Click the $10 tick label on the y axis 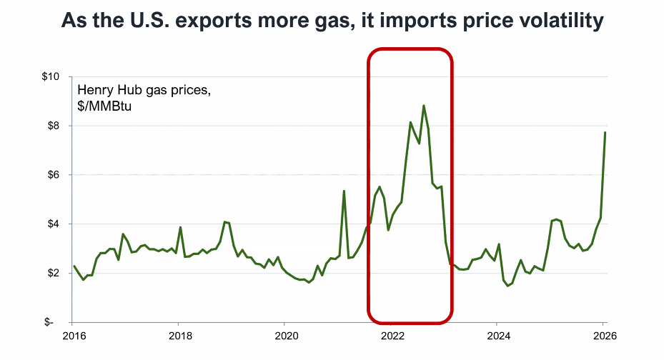tap(52, 76)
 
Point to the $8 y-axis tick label tap(54, 126)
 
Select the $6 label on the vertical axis tap(54, 175)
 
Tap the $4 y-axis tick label tap(54, 224)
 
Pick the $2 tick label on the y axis tap(54, 274)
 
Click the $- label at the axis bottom tap(55, 323)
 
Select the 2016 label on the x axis tap(74, 336)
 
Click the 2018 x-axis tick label tap(179, 336)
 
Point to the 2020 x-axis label tap(285, 336)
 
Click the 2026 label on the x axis tap(603, 336)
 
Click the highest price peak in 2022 tap(424, 106)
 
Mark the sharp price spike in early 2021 tap(344, 191)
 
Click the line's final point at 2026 tap(605, 132)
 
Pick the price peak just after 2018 tap(180, 227)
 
